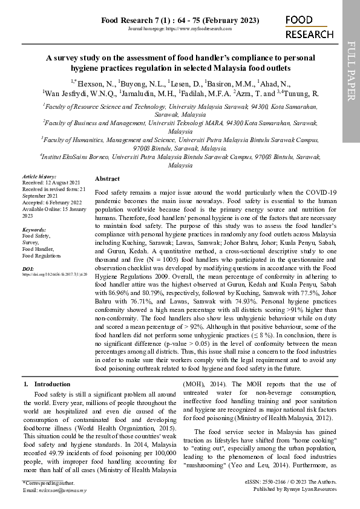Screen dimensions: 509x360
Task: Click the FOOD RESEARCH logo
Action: click(309, 28)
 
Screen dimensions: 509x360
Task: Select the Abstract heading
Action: click(108, 179)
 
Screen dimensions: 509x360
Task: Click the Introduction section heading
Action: click(51, 384)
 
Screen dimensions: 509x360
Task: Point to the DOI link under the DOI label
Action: click(55, 274)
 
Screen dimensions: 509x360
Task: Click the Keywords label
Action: click(34, 230)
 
